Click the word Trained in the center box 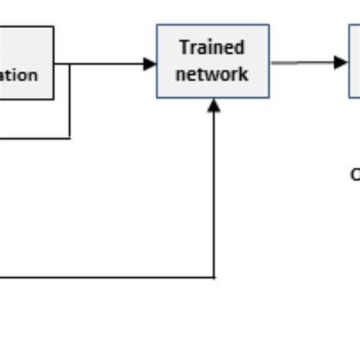[x=212, y=48]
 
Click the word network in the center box [x=212, y=74]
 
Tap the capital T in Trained [x=185, y=48]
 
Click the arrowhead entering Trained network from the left [x=150, y=64]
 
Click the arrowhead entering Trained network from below [x=214, y=106]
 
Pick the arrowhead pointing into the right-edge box [x=340, y=62]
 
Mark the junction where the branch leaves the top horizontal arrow [x=70, y=64]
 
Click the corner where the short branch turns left [x=70, y=138]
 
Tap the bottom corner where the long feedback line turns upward [x=214, y=277]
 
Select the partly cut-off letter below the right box [x=355, y=175]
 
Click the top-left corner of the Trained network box [x=157, y=25]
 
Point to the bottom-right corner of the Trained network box [x=269, y=97]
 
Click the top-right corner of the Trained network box [x=269, y=25]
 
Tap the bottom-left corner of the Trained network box [x=157, y=97]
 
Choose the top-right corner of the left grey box [x=53, y=27]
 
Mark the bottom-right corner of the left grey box [x=53, y=99]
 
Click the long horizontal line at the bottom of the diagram [x=106, y=277]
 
